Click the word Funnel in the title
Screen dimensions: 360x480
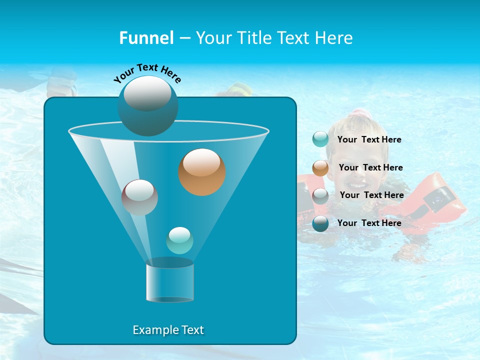[146, 38]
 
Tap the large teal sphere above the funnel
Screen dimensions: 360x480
[148, 105]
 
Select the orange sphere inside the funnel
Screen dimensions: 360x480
[202, 171]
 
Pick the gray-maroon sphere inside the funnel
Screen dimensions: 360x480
[139, 197]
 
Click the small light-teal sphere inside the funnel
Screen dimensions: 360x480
[179, 240]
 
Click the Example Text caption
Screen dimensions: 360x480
[168, 330]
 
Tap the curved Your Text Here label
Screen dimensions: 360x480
[147, 73]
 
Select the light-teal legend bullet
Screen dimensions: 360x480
[320, 139]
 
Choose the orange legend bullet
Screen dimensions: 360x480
[320, 168]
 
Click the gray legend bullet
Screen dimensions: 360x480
[320, 195]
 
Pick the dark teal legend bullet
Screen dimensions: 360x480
[320, 223]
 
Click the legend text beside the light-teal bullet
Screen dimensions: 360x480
[369, 140]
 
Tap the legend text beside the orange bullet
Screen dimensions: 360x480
[370, 168]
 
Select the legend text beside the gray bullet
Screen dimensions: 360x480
[371, 195]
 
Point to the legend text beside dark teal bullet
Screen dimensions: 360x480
[369, 223]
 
